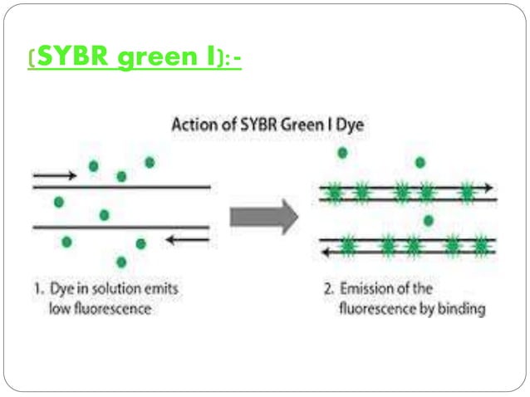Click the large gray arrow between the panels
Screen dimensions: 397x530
pyautogui.click(x=263, y=217)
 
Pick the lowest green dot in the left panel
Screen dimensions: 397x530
pyautogui.click(x=122, y=262)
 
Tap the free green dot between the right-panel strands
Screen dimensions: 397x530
pyautogui.click(x=428, y=221)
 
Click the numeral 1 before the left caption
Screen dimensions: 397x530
pyautogui.click(x=37, y=290)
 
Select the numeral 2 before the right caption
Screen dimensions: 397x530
pyautogui.click(x=326, y=290)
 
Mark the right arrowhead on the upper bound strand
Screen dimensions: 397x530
pyautogui.click(x=490, y=188)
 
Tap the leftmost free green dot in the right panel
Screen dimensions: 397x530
pyautogui.click(x=342, y=154)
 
